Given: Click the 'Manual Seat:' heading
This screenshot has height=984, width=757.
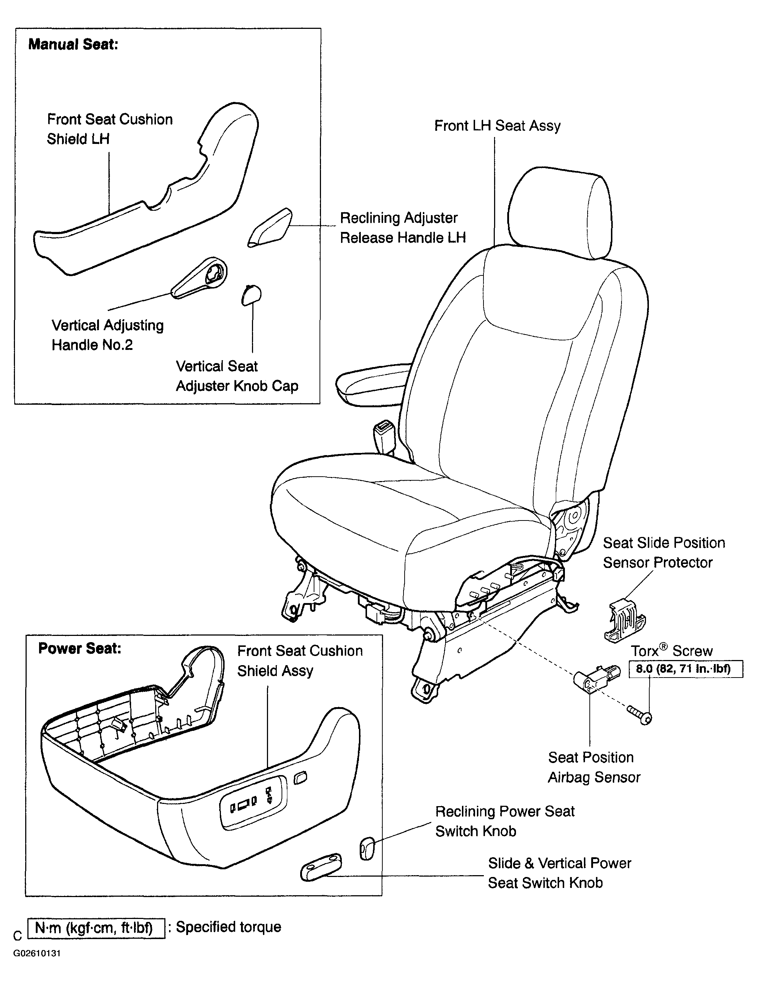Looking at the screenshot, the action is pos(73,44).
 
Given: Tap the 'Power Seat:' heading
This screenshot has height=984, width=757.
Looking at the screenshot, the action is pos(80,648).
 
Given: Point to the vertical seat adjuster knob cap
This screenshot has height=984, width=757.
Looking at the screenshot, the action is pos(251,295).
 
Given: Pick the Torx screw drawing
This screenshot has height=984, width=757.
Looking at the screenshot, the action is pos(639,715).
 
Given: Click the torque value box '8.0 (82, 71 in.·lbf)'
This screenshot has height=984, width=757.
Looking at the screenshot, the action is pos(686,669).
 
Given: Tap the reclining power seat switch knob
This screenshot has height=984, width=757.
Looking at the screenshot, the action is pos(367,848).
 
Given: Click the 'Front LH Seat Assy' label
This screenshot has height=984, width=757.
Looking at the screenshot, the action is pos(497,126).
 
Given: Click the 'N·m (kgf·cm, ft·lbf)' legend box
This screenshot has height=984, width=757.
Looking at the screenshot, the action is pos(96,928).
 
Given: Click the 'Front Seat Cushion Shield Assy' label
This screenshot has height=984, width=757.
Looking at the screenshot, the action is pos(300,661).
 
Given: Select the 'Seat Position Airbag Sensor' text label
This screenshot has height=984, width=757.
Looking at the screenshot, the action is pos(594,767).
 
